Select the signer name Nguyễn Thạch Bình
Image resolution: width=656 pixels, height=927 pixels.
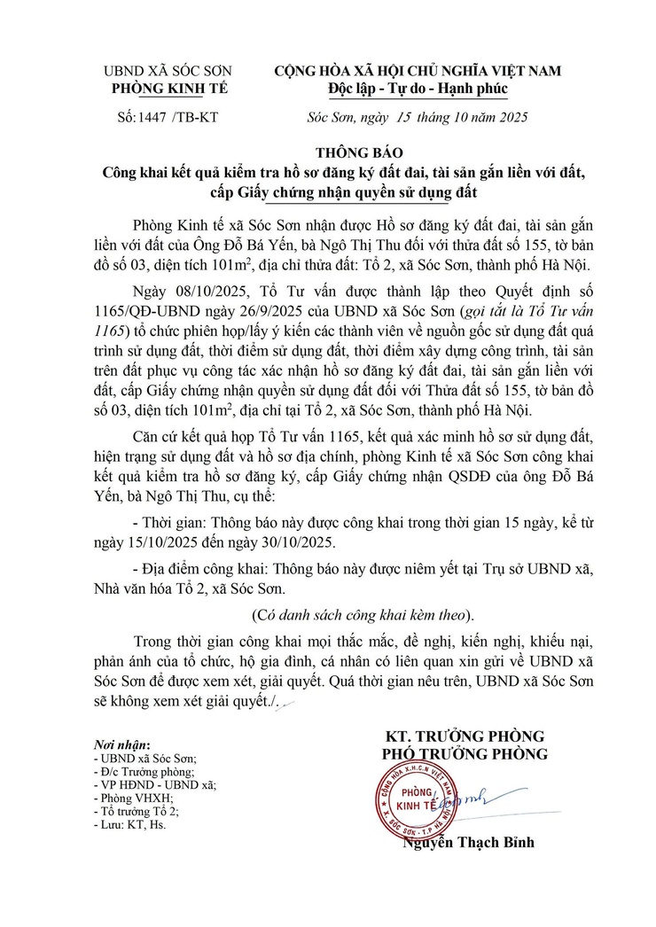(468, 843)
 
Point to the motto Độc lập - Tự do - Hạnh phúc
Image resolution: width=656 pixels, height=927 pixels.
(417, 89)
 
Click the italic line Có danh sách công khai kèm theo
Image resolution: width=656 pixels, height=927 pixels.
(363, 615)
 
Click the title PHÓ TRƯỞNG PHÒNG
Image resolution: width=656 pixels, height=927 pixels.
(465, 754)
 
